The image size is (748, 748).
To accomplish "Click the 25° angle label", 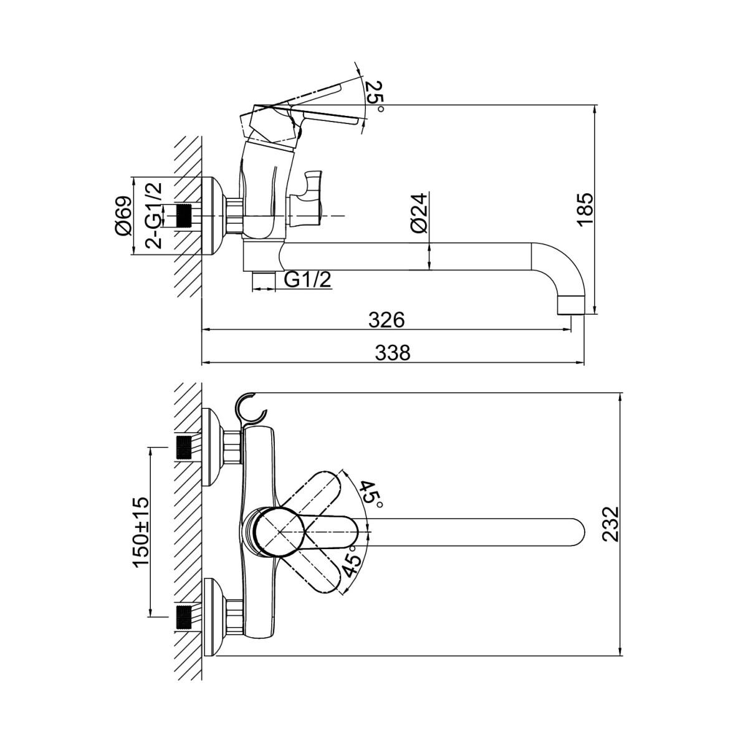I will (374, 95).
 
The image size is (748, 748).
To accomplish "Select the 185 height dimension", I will (587, 209).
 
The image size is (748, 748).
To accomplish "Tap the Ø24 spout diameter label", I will (420, 213).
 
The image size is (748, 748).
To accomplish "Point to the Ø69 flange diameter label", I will (123, 216).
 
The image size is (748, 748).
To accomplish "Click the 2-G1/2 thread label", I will (153, 216).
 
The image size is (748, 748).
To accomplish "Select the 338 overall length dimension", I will (393, 353).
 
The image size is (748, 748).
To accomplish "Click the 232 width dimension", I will (611, 524).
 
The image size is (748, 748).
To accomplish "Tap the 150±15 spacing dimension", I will (141, 531).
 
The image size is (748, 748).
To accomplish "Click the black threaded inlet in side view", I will (184, 216).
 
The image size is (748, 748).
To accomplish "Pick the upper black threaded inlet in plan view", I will (184, 448).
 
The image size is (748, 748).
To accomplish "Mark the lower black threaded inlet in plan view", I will (184, 616).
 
